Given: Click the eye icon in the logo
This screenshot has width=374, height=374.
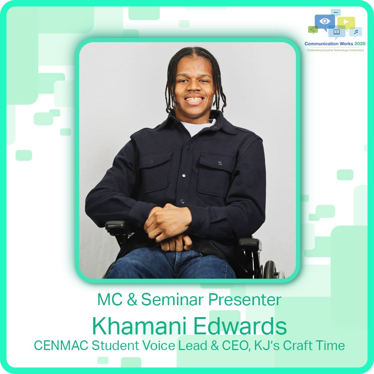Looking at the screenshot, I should [x=324, y=21].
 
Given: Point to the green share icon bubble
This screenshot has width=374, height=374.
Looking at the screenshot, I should [x=312, y=29].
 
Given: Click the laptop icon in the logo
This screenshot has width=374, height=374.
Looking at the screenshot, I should [x=336, y=32].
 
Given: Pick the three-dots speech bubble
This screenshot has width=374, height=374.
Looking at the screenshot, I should [x=335, y=12].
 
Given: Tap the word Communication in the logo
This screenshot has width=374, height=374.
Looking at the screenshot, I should [x=322, y=44].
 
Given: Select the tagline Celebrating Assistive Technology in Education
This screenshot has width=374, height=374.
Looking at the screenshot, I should [x=335, y=50].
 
